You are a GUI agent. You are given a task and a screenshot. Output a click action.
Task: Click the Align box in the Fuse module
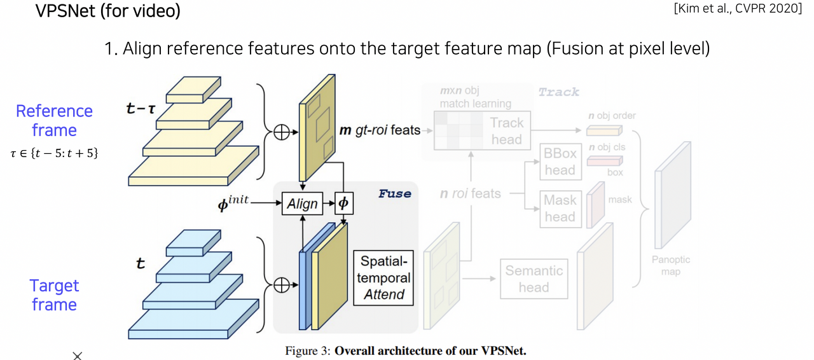[302, 204]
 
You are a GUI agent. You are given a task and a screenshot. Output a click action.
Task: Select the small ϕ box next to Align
[343, 204]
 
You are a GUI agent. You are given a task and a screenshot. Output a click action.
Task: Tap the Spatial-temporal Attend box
[383, 278]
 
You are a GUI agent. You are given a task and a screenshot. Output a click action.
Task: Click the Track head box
[506, 131]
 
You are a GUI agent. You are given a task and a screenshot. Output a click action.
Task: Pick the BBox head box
[560, 161]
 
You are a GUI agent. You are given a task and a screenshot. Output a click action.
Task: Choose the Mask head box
[560, 208]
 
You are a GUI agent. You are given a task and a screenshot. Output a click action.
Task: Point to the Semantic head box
[534, 279]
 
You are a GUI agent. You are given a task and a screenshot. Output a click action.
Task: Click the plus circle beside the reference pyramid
[281, 132]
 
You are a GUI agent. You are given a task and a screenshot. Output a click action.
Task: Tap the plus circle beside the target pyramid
[281, 285]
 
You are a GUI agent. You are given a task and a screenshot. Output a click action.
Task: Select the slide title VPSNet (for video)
[108, 11]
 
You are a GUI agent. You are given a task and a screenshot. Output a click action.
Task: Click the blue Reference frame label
[54, 120]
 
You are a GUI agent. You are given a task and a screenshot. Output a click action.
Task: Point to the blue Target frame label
[54, 294]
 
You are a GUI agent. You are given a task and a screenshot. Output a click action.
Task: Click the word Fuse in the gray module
[394, 193]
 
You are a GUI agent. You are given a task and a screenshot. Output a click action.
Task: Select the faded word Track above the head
[558, 92]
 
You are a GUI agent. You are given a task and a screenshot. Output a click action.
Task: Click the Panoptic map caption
[670, 266]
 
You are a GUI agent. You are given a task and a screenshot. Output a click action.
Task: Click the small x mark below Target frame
[77, 356]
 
